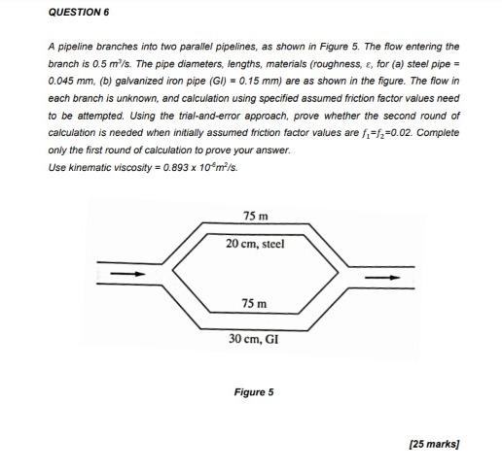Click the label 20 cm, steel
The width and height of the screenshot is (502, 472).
(255, 244)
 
